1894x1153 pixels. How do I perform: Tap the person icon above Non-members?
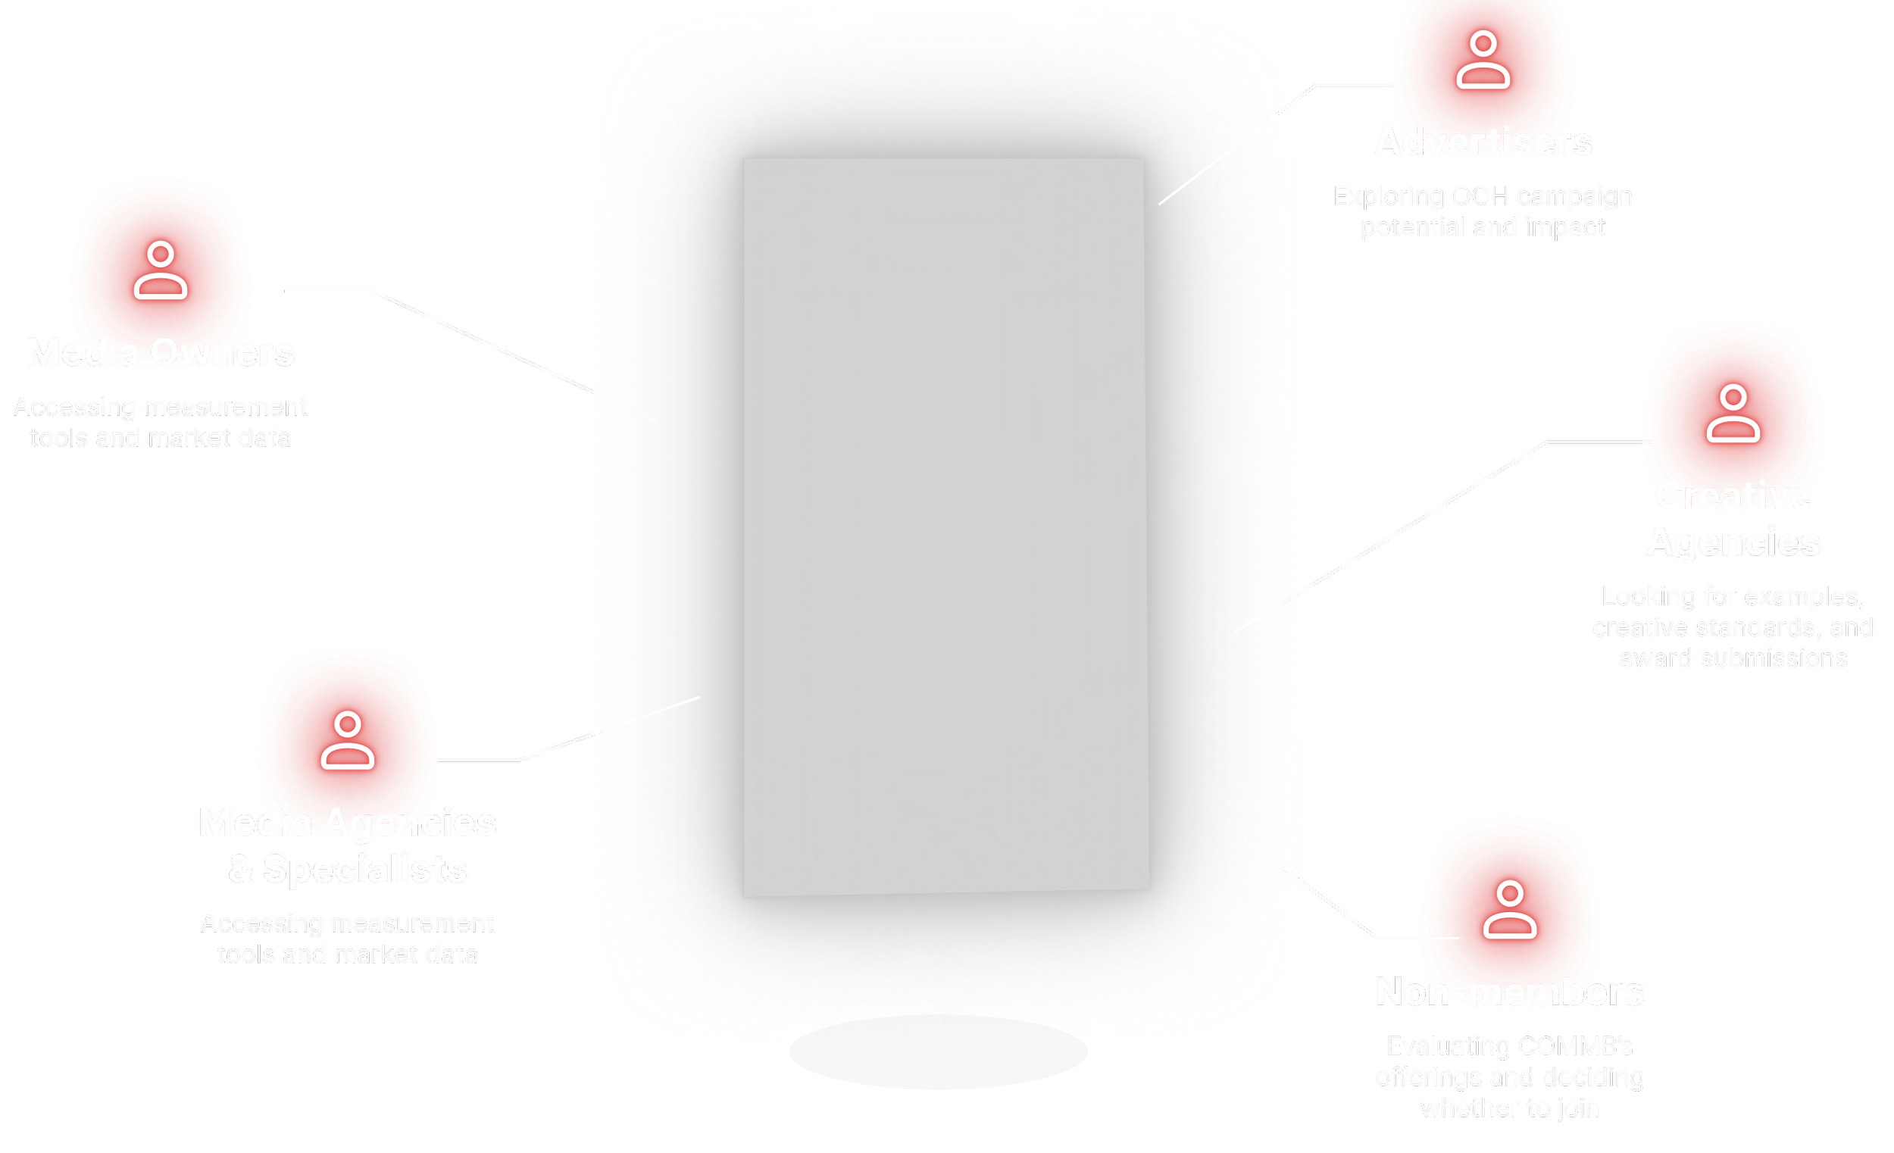[1510, 910]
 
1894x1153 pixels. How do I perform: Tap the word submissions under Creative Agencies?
[1774, 659]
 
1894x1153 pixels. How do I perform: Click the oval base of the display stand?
[939, 1057]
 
